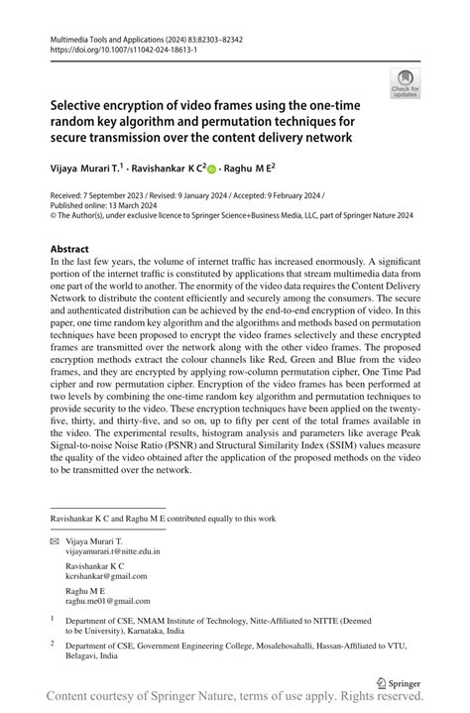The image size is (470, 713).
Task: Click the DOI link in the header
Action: click(116, 47)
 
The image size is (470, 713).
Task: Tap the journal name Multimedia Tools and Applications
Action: click(111, 36)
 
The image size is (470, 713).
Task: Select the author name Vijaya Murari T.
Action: click(96, 169)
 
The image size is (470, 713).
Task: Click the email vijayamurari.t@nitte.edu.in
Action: click(113, 550)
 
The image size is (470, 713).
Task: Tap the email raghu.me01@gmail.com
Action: click(102, 600)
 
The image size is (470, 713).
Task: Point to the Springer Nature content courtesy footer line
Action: click(235, 701)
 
